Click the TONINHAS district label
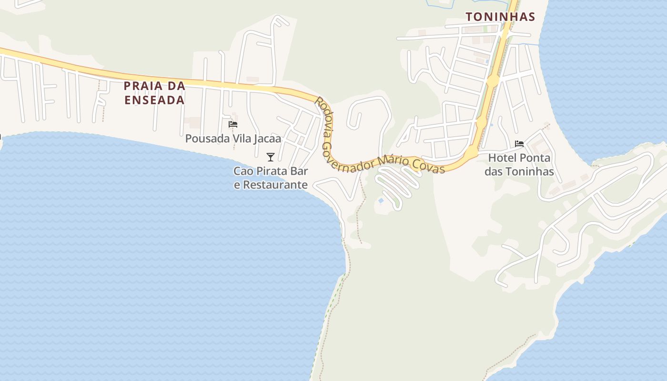[x=500, y=17]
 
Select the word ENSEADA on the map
[x=154, y=100]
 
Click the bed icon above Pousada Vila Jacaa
[x=233, y=124]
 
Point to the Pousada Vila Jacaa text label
[x=233, y=139]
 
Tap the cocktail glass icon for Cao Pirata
[x=271, y=157]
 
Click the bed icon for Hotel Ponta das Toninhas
[x=519, y=143]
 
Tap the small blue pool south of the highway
[x=381, y=201]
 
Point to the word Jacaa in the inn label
[x=267, y=139]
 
